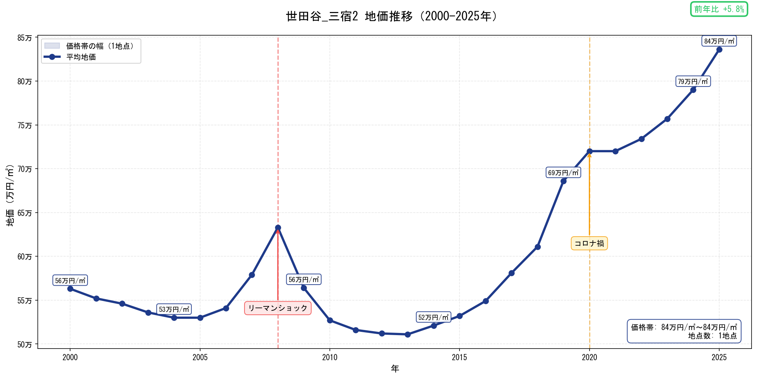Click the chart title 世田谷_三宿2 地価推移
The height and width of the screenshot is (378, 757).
tap(392, 16)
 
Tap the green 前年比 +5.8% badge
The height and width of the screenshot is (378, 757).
tap(718, 9)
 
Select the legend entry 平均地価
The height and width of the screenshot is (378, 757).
tap(81, 57)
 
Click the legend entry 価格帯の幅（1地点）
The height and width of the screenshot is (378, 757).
tap(100, 46)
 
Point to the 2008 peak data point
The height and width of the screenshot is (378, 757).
tap(278, 228)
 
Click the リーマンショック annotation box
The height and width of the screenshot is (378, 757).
tap(278, 308)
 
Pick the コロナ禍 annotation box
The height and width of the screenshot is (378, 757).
tap(589, 244)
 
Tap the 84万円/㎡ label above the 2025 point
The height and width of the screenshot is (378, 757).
tap(719, 41)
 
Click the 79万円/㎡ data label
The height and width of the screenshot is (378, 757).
tap(693, 81)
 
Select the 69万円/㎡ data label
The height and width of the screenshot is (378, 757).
tap(563, 173)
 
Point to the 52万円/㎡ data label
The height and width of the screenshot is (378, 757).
tap(433, 317)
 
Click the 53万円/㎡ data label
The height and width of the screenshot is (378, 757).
tap(174, 309)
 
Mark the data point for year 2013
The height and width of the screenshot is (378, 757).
tap(408, 334)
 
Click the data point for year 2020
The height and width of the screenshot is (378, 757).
tap(589, 151)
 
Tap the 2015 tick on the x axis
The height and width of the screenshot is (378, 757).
tap(459, 357)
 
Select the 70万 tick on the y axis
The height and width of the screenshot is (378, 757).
tap(25, 169)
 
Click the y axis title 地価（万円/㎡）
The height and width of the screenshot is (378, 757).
tap(10, 196)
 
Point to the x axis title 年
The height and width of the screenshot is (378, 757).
tap(395, 369)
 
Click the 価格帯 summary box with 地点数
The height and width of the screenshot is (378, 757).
tap(684, 331)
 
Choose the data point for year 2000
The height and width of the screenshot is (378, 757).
tap(70, 289)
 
